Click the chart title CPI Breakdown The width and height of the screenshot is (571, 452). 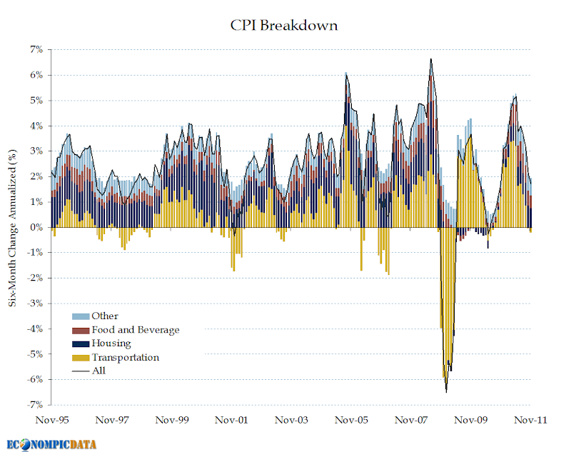pyautogui.click(x=283, y=26)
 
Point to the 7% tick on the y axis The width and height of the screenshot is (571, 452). pyautogui.click(x=36, y=50)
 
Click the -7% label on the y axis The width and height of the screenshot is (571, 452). pyautogui.click(x=35, y=405)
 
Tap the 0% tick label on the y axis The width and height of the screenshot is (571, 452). pyautogui.click(x=36, y=227)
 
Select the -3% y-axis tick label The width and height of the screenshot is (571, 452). pyautogui.click(x=35, y=303)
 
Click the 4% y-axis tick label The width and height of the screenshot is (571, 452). pyautogui.click(x=36, y=126)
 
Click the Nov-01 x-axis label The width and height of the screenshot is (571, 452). pyautogui.click(x=231, y=421)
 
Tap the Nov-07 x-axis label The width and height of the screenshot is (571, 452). pyautogui.click(x=412, y=421)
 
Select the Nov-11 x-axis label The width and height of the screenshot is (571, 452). pyautogui.click(x=530, y=421)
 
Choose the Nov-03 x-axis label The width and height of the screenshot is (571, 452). pyautogui.click(x=291, y=421)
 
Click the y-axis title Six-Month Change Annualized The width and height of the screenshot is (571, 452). pyautogui.click(x=12, y=228)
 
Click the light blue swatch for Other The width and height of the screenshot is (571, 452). pyautogui.click(x=80, y=316)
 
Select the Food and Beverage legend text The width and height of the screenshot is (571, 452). pyautogui.click(x=135, y=330)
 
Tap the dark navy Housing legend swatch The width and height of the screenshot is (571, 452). pyautogui.click(x=80, y=343)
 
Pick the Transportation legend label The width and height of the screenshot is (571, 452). pyautogui.click(x=125, y=357)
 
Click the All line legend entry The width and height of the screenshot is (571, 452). pyautogui.click(x=98, y=371)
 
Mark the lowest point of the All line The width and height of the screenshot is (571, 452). pyautogui.click(x=447, y=392)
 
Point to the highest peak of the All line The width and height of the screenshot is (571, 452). pyautogui.click(x=431, y=59)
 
